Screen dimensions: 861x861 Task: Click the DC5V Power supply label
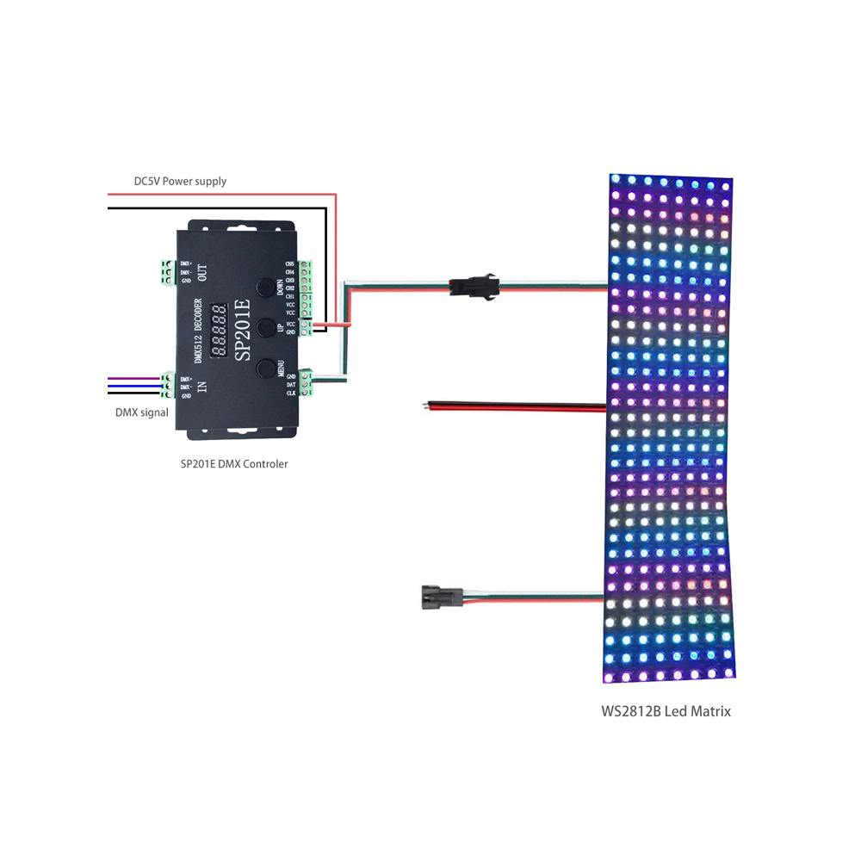180,181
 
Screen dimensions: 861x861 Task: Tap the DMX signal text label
142,412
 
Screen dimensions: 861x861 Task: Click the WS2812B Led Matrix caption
666,711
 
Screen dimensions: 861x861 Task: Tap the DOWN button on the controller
267,286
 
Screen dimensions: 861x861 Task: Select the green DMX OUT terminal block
164,272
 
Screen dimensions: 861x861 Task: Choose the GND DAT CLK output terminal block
307,383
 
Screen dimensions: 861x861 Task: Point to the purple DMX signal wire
133,379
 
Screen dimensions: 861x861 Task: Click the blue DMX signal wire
133,387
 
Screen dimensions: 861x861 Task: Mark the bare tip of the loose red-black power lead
429,404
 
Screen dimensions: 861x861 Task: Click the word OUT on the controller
202,273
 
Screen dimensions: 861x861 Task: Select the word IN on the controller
202,387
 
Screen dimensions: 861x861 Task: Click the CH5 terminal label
289,263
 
